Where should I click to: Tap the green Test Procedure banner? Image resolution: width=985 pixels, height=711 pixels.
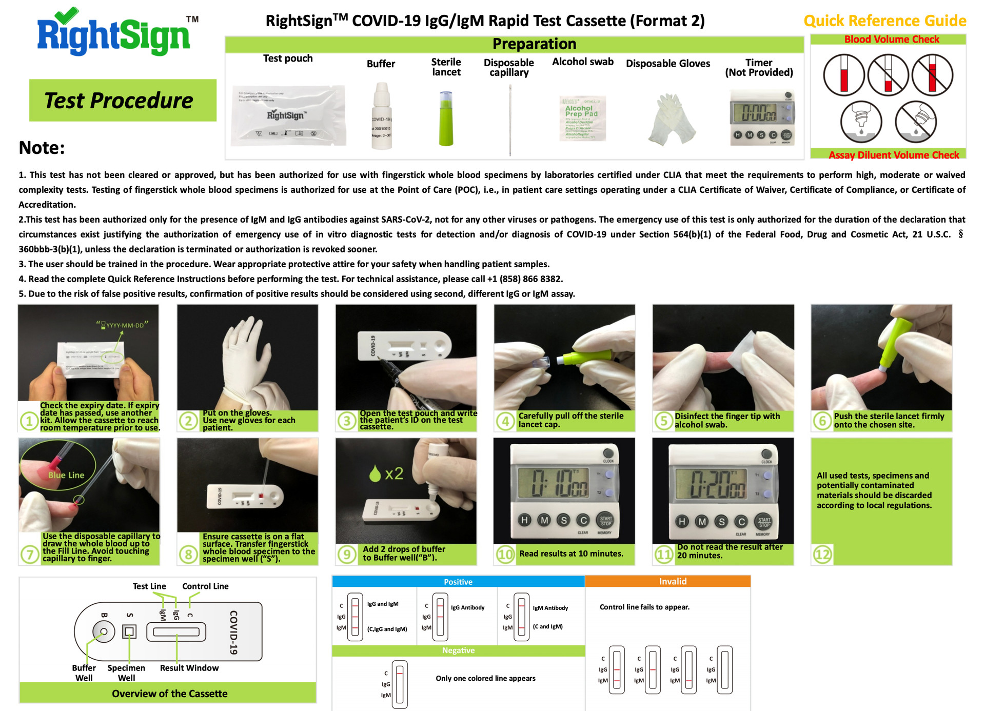click(x=122, y=100)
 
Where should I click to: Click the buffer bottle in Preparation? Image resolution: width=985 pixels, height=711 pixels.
click(x=381, y=117)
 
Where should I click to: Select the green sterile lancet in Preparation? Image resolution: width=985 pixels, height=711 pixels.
click(x=446, y=118)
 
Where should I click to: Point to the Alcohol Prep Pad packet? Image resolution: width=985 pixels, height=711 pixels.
click(x=582, y=118)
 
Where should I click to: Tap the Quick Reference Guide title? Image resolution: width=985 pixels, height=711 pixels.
click(x=884, y=21)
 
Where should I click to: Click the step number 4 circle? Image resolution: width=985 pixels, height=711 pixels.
click(x=505, y=421)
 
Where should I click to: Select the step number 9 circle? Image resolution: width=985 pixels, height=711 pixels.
click(x=347, y=554)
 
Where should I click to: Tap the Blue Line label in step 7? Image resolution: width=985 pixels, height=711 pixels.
click(x=66, y=475)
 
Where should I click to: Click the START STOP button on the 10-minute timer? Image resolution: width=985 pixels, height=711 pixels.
click(x=606, y=521)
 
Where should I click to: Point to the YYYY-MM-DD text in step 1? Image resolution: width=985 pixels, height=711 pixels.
click(x=124, y=325)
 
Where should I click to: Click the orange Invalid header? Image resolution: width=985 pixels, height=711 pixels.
click(x=672, y=581)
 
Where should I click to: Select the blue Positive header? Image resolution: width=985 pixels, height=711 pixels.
click(x=458, y=582)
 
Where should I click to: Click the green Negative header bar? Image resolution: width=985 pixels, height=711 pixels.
click(x=458, y=650)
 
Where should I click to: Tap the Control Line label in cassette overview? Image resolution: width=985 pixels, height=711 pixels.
click(x=205, y=586)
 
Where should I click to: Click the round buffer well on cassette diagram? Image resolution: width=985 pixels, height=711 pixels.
click(x=104, y=631)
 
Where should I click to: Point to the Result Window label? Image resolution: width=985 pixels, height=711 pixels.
click(x=189, y=668)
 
